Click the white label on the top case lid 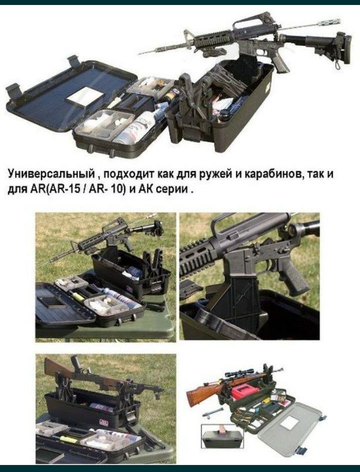(85, 96)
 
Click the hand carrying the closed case (222, 429)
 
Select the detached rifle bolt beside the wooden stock (212, 413)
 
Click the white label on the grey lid (289, 422)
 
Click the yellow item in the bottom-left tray (69, 440)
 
